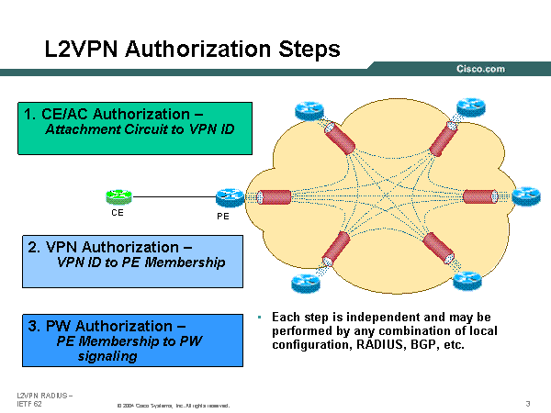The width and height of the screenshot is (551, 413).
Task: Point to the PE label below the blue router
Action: tap(223, 217)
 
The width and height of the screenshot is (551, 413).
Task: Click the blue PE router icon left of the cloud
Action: tap(228, 196)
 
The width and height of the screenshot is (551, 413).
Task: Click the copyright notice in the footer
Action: tap(173, 405)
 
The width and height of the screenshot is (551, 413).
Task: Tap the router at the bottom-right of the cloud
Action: tap(466, 280)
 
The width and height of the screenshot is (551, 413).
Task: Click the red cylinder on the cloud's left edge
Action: tap(274, 197)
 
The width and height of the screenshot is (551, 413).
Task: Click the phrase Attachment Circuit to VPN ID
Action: tap(140, 129)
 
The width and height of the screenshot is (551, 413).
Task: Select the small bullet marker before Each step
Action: tap(261, 318)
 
